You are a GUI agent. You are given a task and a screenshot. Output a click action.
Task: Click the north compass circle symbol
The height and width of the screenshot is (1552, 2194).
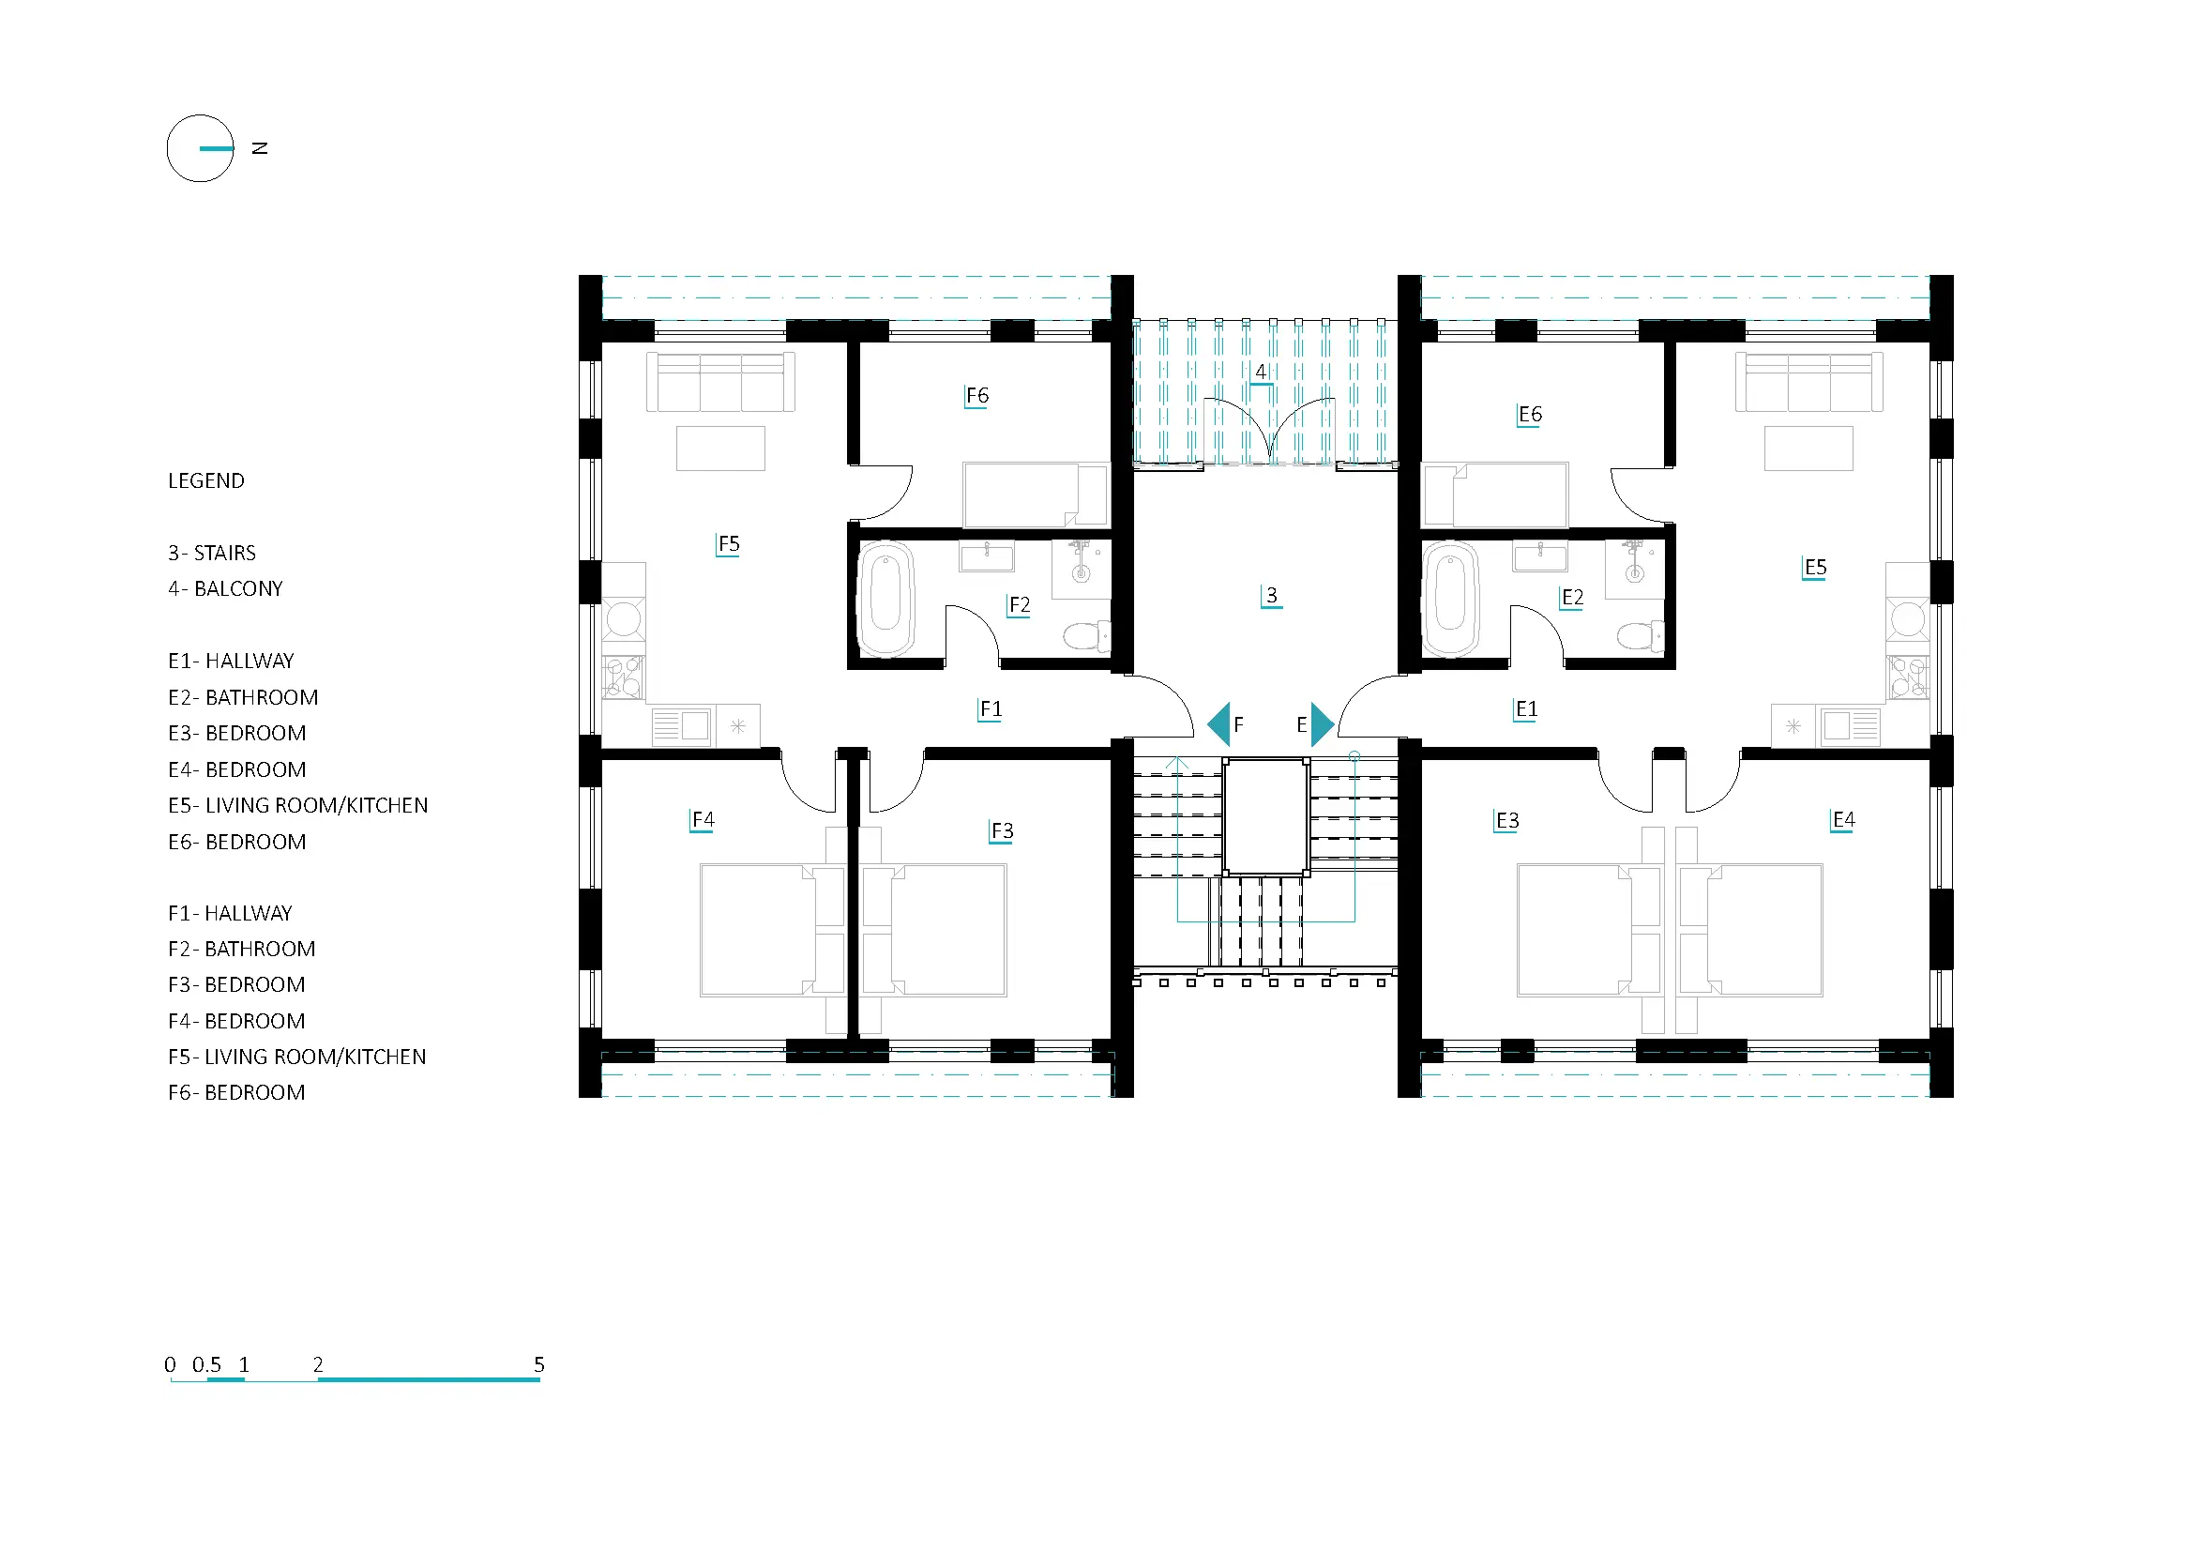[x=168, y=149]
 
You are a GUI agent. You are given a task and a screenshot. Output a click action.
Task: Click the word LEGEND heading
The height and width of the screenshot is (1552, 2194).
[x=206, y=480]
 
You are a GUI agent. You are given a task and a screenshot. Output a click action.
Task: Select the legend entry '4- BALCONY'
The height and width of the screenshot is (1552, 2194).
[x=225, y=588]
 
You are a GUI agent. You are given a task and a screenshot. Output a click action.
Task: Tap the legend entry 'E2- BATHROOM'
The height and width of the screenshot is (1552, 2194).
[x=243, y=697]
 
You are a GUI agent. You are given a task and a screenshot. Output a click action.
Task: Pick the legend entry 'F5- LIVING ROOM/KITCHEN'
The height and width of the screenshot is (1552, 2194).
[x=297, y=1057]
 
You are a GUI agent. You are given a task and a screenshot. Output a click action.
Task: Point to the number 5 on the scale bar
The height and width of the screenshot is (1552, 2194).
[x=539, y=1364]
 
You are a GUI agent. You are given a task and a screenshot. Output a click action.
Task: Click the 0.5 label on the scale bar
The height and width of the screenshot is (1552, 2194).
[x=206, y=1364]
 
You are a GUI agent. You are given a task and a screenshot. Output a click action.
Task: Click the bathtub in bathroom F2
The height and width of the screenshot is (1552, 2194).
[x=885, y=600]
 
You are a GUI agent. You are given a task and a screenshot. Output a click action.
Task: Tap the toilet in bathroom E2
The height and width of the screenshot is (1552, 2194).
[x=1641, y=634]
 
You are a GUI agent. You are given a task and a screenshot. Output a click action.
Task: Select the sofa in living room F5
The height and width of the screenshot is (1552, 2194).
[x=720, y=382]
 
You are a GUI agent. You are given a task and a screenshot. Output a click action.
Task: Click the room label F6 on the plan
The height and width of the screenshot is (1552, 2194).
[x=976, y=396]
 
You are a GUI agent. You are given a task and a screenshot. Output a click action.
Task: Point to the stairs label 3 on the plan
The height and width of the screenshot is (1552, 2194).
[x=1271, y=596]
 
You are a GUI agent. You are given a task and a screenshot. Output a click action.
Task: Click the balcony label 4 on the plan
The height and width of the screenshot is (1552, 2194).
[x=1261, y=372]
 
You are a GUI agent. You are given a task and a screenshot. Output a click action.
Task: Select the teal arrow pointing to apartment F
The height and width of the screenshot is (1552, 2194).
[x=1218, y=724]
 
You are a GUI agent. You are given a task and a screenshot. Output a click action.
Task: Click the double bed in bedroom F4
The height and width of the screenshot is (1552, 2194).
[x=772, y=930]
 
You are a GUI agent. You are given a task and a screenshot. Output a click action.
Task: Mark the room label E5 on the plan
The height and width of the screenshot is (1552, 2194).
[x=1815, y=568]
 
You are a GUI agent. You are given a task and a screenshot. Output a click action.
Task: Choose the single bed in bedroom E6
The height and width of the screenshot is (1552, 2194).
[x=1495, y=495]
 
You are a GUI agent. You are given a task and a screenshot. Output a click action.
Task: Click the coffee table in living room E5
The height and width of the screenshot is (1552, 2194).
[x=1808, y=449]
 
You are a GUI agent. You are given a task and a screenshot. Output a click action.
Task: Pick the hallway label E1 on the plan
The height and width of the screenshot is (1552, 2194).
[x=1526, y=709]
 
